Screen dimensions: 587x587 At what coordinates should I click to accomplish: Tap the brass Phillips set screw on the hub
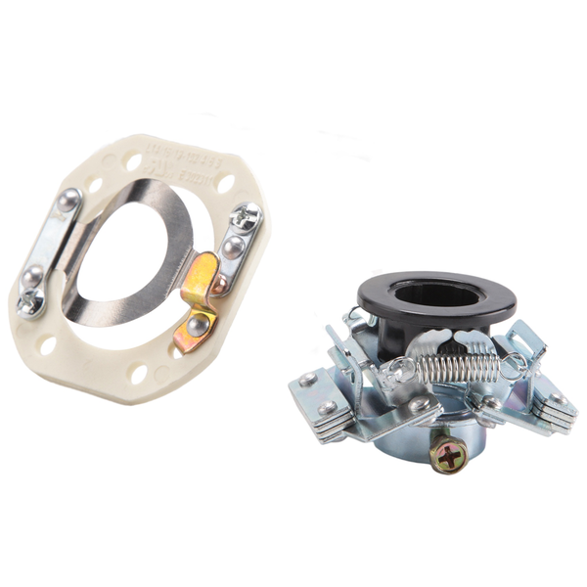coord(449,455)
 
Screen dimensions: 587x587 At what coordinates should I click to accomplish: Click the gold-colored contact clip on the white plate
coord(198,298)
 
